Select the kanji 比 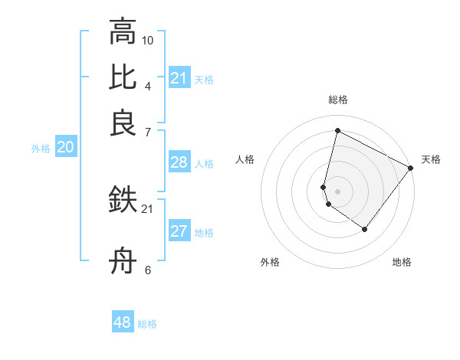(123, 77)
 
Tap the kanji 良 (123, 123)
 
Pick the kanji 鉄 (123, 200)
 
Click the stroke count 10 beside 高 (148, 40)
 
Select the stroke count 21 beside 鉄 (148, 208)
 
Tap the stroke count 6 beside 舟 (148, 270)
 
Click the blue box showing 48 (123, 322)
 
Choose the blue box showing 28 (179, 162)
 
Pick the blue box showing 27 (179, 231)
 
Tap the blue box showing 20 (65, 148)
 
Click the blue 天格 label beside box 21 (204, 79)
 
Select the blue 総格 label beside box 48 (147, 324)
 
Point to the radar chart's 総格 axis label (337, 100)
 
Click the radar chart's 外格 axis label (270, 262)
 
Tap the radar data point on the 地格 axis (365, 229)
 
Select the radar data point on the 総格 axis (337, 131)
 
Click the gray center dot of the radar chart (337, 190)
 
